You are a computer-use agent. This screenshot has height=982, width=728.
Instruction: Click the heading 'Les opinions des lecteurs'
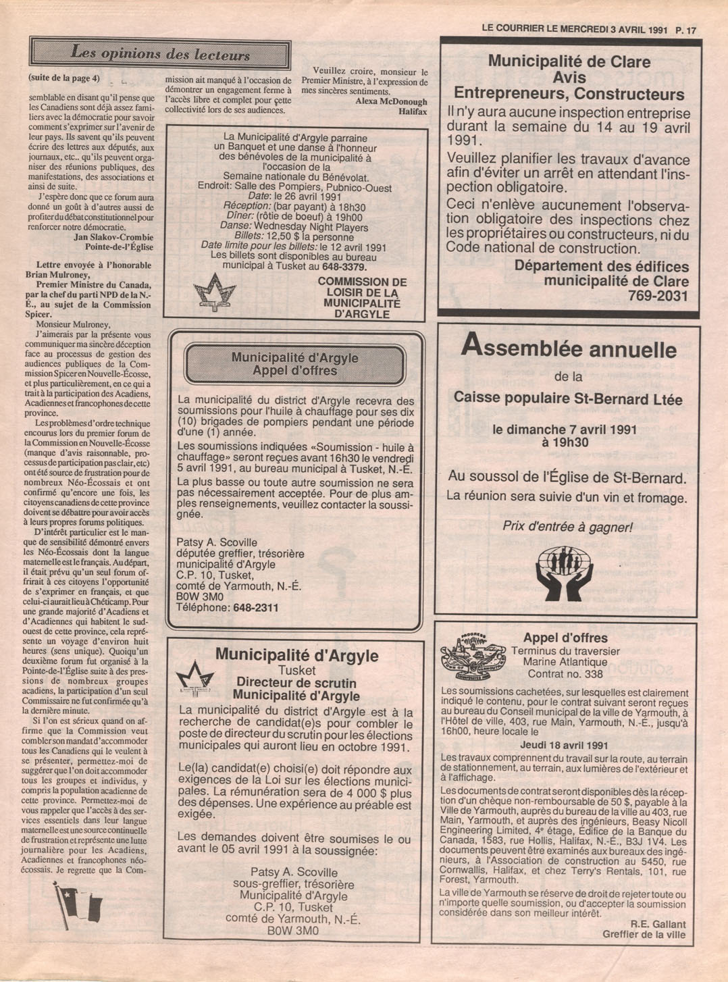click(x=160, y=53)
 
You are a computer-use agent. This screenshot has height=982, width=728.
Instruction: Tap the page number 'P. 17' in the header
click(x=685, y=30)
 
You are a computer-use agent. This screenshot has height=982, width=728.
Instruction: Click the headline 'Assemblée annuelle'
click(x=568, y=348)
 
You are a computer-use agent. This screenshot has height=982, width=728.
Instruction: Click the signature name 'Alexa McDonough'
click(x=391, y=101)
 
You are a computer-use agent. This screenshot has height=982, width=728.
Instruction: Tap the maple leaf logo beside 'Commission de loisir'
click(x=214, y=292)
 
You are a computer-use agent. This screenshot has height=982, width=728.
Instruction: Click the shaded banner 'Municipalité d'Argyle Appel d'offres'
click(x=294, y=364)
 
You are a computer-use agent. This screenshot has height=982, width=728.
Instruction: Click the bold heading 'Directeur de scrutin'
click(x=296, y=683)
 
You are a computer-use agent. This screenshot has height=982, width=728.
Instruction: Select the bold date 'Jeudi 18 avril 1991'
click(x=564, y=745)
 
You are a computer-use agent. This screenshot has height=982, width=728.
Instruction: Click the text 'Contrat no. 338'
click(x=565, y=674)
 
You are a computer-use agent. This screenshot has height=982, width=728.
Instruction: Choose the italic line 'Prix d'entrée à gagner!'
click(x=567, y=527)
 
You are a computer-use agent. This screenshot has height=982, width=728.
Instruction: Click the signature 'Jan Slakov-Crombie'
click(x=113, y=237)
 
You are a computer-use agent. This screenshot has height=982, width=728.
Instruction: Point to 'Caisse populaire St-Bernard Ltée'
click(x=568, y=398)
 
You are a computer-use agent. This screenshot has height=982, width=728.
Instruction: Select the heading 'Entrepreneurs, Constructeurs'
click(x=569, y=94)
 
